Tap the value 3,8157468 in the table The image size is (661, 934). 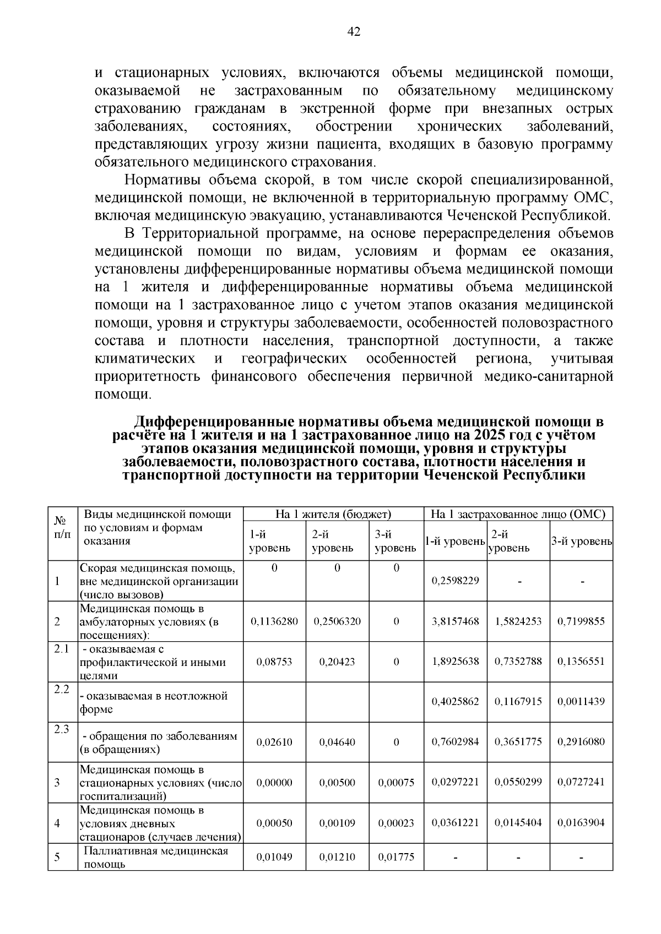pyautogui.click(x=455, y=621)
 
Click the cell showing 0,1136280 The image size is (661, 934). pyautogui.click(x=274, y=621)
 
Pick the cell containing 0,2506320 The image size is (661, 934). pyautogui.click(x=337, y=621)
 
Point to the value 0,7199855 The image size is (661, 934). pyautogui.click(x=581, y=621)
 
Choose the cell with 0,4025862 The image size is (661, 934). pyautogui.click(x=455, y=702)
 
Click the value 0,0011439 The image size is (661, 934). pyautogui.click(x=581, y=702)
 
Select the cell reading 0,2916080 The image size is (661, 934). pyautogui.click(x=581, y=742)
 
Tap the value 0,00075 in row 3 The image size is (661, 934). pyautogui.click(x=396, y=783)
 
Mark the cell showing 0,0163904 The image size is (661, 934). pyautogui.click(x=581, y=823)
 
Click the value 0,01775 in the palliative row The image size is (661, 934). pyautogui.click(x=396, y=857)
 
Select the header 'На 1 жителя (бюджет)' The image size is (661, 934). pyautogui.click(x=333, y=514)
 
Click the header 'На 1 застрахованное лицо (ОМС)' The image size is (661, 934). pyautogui.click(x=518, y=514)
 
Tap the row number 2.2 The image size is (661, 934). pyautogui.click(x=62, y=689)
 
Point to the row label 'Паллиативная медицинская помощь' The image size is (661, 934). pyautogui.click(x=156, y=857)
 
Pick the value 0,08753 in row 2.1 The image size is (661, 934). pyautogui.click(x=274, y=662)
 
